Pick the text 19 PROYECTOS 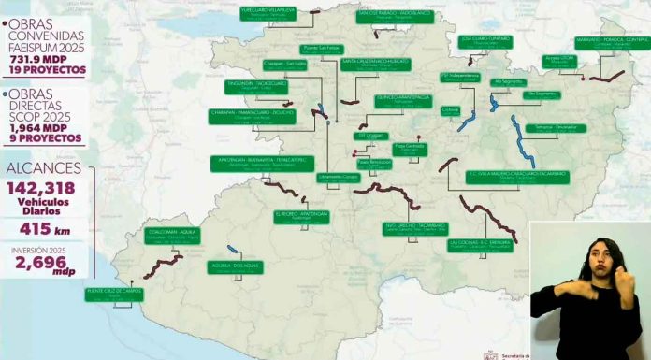(x=43, y=70)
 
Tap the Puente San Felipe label (x=322, y=48)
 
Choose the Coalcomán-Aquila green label (x=173, y=235)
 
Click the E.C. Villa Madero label (x=515, y=175)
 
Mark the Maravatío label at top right (x=612, y=43)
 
